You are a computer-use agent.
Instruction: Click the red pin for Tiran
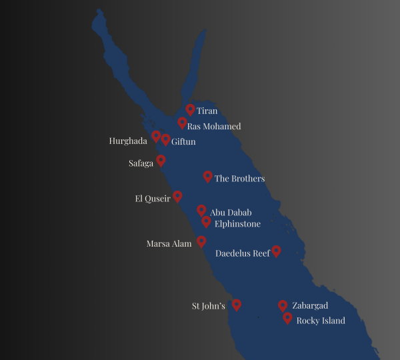tap(190, 109)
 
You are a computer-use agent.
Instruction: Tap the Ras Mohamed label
tap(214, 126)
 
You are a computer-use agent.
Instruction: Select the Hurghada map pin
tap(156, 136)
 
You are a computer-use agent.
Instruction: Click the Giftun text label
tap(183, 141)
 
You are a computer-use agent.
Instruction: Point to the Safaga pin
tap(161, 161)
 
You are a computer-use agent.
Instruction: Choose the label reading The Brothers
tap(239, 179)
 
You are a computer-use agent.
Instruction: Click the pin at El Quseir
tap(177, 196)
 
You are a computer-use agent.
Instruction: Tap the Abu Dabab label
tap(231, 213)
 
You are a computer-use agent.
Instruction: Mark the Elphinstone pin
tap(207, 221)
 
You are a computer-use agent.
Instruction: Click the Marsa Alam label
tap(169, 244)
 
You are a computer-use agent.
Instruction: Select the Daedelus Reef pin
tap(276, 251)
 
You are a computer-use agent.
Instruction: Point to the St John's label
tap(209, 307)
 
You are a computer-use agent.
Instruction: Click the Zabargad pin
tap(283, 305)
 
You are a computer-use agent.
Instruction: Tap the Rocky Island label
tap(321, 321)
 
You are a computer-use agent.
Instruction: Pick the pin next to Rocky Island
tap(287, 318)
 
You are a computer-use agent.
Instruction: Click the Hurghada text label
tap(128, 141)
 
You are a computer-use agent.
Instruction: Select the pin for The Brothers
tap(207, 176)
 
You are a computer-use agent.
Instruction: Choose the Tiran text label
tap(207, 111)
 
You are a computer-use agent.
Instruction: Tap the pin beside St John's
tap(236, 304)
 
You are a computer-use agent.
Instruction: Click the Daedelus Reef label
tap(243, 253)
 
